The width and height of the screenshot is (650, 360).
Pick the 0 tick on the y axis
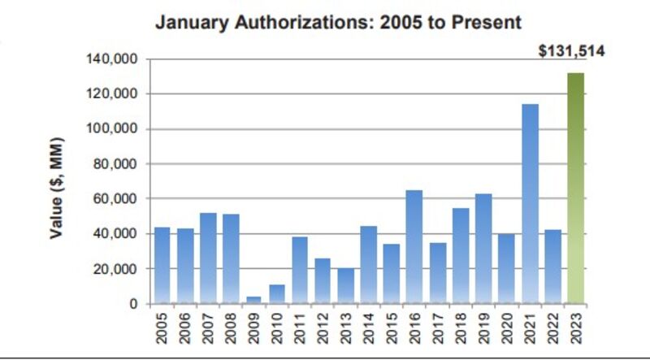(x=132, y=304)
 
